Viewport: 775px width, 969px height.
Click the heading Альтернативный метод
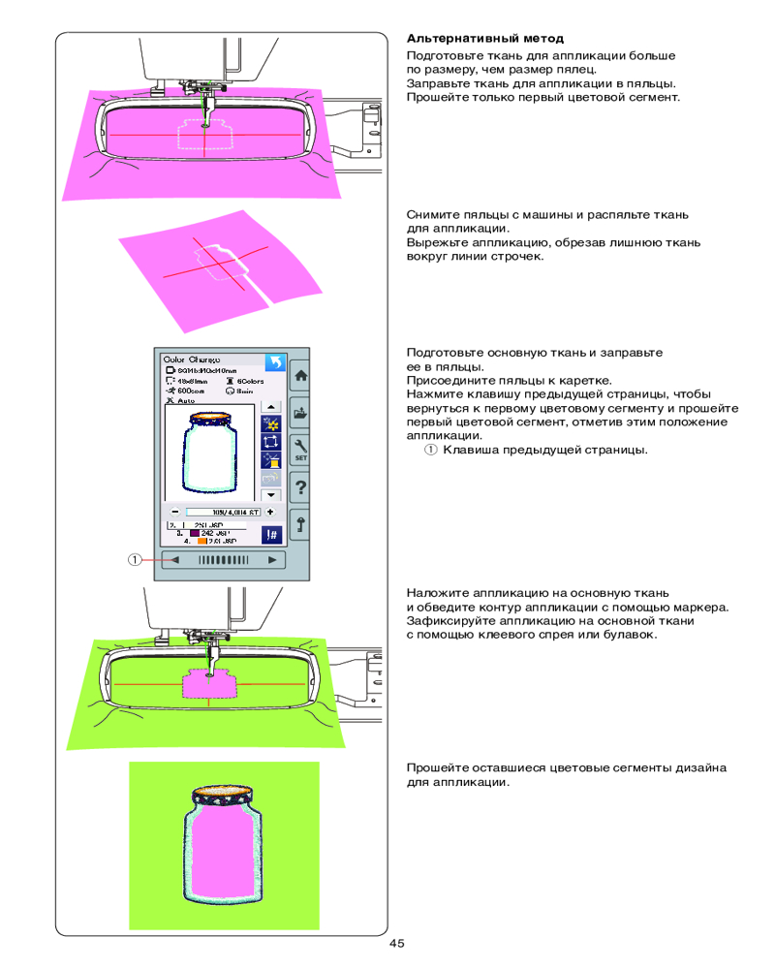[x=484, y=40]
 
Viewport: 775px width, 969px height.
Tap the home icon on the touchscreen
[x=300, y=374]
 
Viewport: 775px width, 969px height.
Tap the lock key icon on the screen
[x=300, y=523]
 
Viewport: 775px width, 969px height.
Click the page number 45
[x=397, y=944]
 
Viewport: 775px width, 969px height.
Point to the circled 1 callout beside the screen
[x=136, y=559]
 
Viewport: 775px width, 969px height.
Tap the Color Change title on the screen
[x=191, y=358]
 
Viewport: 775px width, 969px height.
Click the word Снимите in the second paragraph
[x=432, y=214]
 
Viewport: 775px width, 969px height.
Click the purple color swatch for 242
[x=193, y=533]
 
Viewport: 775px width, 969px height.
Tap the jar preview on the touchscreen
[x=209, y=453]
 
